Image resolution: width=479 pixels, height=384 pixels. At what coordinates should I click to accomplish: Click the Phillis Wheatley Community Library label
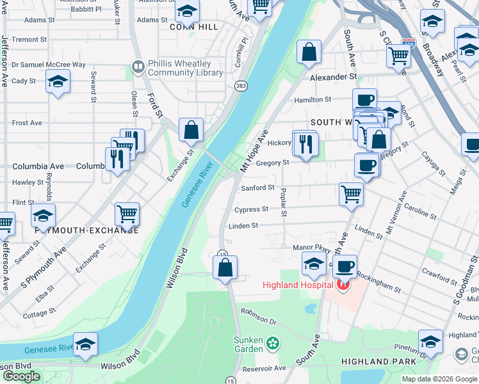point(185,68)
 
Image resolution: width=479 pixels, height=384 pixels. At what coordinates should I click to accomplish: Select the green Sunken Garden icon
point(273,343)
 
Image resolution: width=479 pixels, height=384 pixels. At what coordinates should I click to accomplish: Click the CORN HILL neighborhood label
point(194,27)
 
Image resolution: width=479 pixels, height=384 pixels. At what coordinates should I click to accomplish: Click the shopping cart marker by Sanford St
point(351,193)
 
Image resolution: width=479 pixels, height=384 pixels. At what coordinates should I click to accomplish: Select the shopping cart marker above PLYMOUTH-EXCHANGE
point(127,215)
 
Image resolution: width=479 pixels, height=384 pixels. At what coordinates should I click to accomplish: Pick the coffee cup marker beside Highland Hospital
point(345,266)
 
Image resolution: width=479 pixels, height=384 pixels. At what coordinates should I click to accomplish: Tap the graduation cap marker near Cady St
point(58,82)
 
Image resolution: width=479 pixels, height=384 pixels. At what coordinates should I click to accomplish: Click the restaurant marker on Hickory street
point(305,143)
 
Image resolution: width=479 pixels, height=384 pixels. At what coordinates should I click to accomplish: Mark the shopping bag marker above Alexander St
point(309,54)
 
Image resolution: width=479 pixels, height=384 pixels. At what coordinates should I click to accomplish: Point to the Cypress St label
point(251,209)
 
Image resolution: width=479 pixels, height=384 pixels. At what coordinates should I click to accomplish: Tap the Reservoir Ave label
point(265,368)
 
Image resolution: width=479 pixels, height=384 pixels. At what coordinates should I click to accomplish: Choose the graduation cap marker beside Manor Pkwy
point(314,263)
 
